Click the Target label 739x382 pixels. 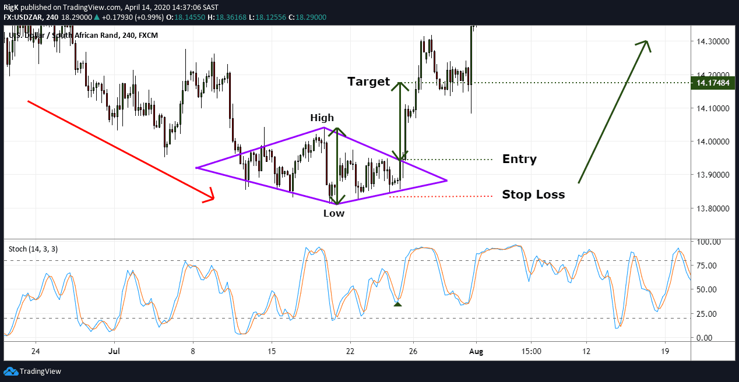click(368, 82)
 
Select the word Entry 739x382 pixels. click(519, 160)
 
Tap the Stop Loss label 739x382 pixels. click(533, 195)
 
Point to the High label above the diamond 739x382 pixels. click(322, 118)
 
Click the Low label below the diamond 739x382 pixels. click(334, 213)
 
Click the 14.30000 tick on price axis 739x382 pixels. click(710, 41)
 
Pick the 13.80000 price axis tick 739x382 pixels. click(710, 208)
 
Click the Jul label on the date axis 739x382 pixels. click(114, 352)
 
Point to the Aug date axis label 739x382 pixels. click(477, 352)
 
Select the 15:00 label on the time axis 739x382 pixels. click(532, 352)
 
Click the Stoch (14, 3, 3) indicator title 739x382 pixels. click(33, 249)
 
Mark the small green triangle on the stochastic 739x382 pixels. click(397, 303)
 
